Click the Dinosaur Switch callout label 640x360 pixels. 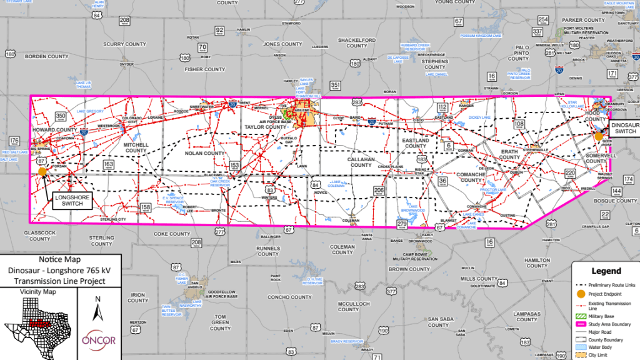[x=625, y=128]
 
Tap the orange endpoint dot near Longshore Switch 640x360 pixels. [x=42, y=171]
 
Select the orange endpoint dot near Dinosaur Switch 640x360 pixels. [x=599, y=136]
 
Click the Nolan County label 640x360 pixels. [x=204, y=153]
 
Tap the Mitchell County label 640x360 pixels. [x=136, y=147]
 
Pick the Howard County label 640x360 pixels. [x=54, y=129]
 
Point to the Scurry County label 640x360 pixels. [x=124, y=44]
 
